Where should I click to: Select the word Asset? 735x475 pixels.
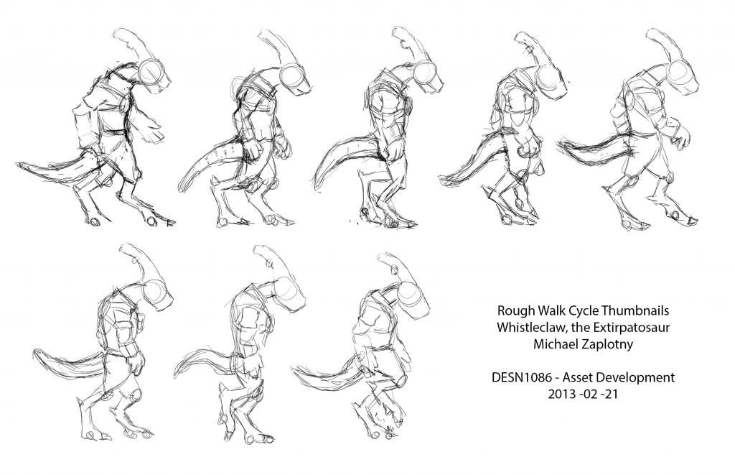point(577,377)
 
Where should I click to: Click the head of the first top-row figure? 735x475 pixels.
point(153,76)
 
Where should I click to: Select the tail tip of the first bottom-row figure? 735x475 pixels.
point(34,353)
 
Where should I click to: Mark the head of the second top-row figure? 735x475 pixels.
point(295,79)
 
